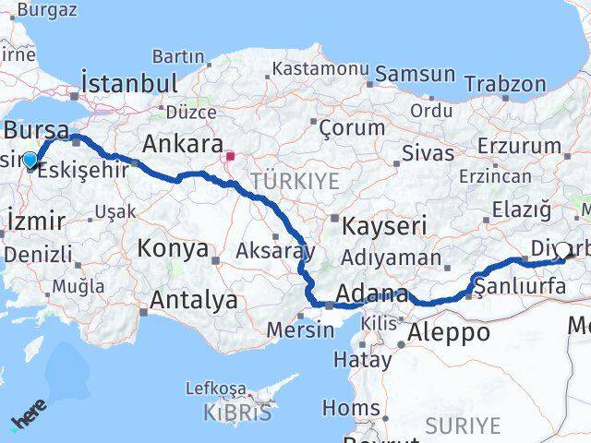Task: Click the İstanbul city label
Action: click(x=129, y=83)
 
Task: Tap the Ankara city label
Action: click(x=182, y=145)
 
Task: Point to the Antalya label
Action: click(x=193, y=300)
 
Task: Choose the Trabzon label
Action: click(x=505, y=84)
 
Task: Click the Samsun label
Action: click(x=415, y=75)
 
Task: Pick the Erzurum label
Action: click(x=520, y=146)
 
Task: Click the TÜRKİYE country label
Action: click(x=295, y=181)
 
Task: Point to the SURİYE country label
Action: click(x=463, y=426)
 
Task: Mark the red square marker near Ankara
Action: click(x=231, y=157)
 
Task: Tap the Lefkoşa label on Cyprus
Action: click(x=216, y=389)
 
